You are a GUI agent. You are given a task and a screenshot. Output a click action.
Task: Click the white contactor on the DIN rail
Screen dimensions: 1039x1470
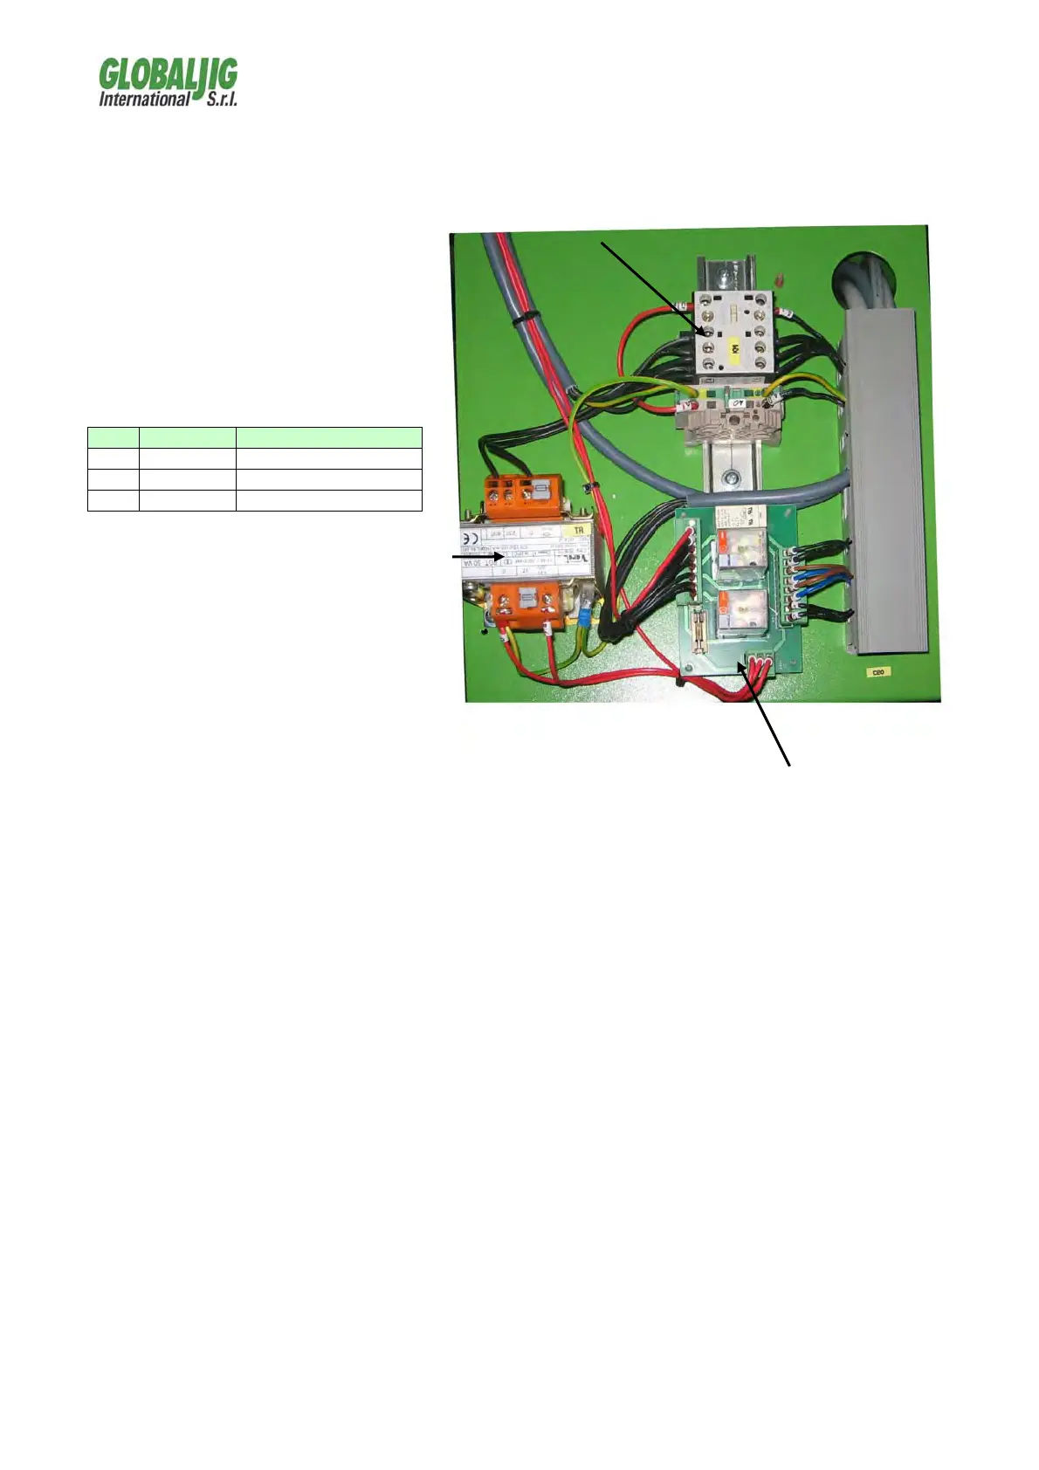pyautogui.click(x=733, y=336)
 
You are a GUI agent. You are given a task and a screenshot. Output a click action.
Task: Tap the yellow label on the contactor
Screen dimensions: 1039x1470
pyautogui.click(x=735, y=350)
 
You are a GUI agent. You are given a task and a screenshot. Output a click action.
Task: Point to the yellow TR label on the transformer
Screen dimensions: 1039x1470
pyautogui.click(x=577, y=531)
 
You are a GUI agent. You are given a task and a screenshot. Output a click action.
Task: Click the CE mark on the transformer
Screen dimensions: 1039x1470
pyautogui.click(x=470, y=538)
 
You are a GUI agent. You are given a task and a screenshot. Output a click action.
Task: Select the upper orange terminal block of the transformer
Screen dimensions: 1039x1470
pyautogui.click(x=513, y=494)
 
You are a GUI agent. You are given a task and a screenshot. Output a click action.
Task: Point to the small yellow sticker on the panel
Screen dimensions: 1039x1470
pyautogui.click(x=877, y=672)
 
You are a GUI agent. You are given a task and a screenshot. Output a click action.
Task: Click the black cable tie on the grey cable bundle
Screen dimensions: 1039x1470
pyautogui.click(x=518, y=320)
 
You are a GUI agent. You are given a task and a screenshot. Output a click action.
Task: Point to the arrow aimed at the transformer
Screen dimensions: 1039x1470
pyautogui.click(x=477, y=555)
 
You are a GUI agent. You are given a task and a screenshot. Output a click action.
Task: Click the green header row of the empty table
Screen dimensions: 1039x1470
pyautogui.click(x=254, y=437)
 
